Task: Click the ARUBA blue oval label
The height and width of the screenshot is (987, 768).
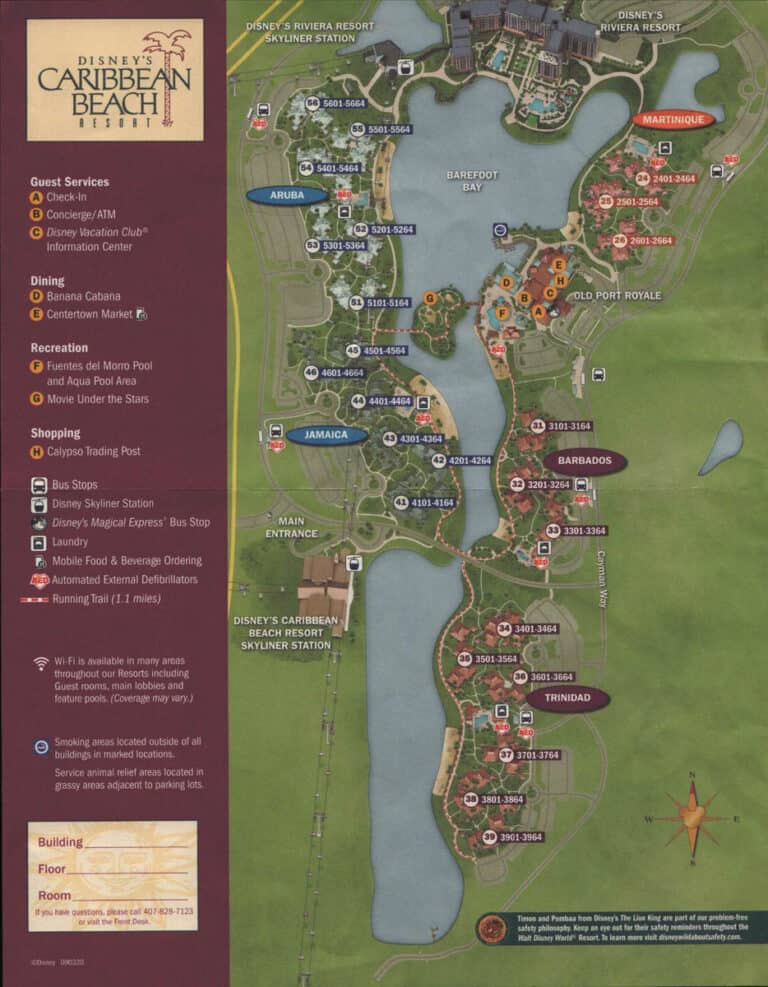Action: click(287, 196)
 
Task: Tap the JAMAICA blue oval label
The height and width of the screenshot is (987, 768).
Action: click(327, 435)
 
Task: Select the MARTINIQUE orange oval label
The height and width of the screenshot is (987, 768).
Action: click(673, 119)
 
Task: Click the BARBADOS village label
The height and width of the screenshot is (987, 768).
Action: click(585, 461)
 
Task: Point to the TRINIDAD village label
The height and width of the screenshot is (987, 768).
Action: click(567, 697)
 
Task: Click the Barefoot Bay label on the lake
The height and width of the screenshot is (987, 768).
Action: click(472, 181)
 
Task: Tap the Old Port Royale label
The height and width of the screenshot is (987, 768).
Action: click(616, 296)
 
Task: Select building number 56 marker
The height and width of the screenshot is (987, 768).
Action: click(313, 103)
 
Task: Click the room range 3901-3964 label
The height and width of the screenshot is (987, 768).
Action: click(521, 837)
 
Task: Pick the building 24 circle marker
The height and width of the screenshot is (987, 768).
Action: click(643, 178)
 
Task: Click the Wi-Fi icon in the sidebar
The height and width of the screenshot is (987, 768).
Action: click(41, 663)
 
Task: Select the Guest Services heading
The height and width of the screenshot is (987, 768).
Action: click(69, 182)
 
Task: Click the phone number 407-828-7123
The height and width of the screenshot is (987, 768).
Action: click(166, 912)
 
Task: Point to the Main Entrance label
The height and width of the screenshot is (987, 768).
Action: click(291, 527)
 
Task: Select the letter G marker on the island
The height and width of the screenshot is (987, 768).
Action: click(429, 298)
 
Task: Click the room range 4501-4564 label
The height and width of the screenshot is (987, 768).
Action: click(385, 351)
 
